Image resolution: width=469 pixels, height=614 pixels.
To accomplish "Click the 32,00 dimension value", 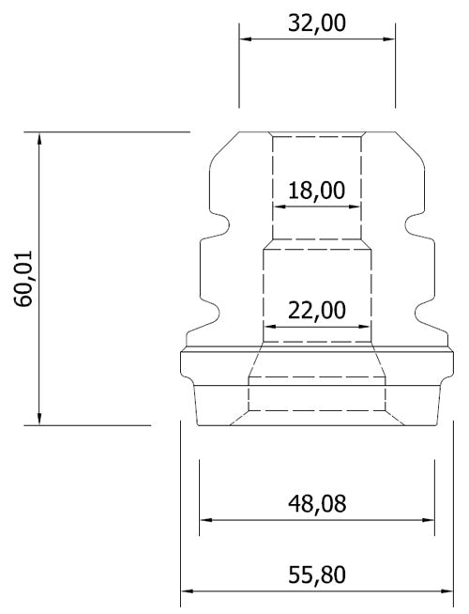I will pos(317,23).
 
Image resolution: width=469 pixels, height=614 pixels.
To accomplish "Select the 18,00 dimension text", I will pos(317,191).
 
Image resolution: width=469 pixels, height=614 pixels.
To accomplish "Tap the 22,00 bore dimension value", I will pos(317,310).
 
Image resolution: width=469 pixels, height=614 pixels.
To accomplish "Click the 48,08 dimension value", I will pos(317,503).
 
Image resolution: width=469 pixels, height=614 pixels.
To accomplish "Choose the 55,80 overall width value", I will pos(317,575).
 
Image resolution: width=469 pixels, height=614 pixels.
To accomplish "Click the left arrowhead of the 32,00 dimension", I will pos(245,38).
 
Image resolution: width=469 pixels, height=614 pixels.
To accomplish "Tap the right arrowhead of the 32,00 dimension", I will pos(389,38).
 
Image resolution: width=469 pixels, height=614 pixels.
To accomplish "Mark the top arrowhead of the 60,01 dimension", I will pos(38,139).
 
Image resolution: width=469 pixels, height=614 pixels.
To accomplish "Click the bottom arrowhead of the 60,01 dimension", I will pos(38,419).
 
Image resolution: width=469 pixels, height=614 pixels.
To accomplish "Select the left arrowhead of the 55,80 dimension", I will pos(187,591).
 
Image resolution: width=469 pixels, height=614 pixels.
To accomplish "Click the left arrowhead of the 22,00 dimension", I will pos(269,326).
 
